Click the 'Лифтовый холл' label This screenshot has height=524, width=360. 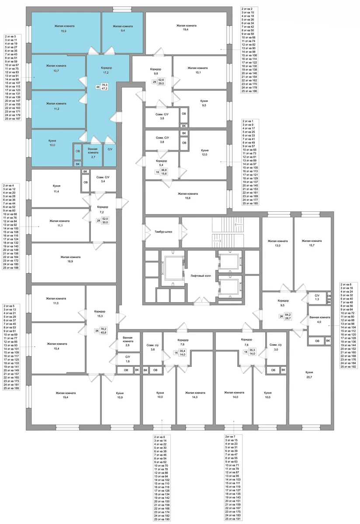tap(201, 276)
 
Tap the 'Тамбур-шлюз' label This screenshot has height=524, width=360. tap(163, 231)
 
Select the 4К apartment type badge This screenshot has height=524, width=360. tap(98, 87)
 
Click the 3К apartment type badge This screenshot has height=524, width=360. tap(97, 331)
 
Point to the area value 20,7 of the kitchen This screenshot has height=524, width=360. tap(309, 377)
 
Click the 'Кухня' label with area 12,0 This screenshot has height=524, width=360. tap(204, 150)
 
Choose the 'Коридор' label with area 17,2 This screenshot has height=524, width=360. tap(107, 68)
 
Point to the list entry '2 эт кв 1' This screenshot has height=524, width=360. tap(248, 121)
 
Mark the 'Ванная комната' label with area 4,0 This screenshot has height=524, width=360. tap(320, 317)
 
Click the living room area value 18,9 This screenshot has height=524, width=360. tap(70, 262)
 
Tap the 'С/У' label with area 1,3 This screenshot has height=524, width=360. tap(317, 296)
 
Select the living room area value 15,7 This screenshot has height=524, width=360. tap(312, 245)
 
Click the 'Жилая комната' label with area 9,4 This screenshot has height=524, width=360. tap(123, 26)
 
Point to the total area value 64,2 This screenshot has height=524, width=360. tap(287, 315)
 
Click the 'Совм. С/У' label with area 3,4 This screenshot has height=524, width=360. tap(103, 177)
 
